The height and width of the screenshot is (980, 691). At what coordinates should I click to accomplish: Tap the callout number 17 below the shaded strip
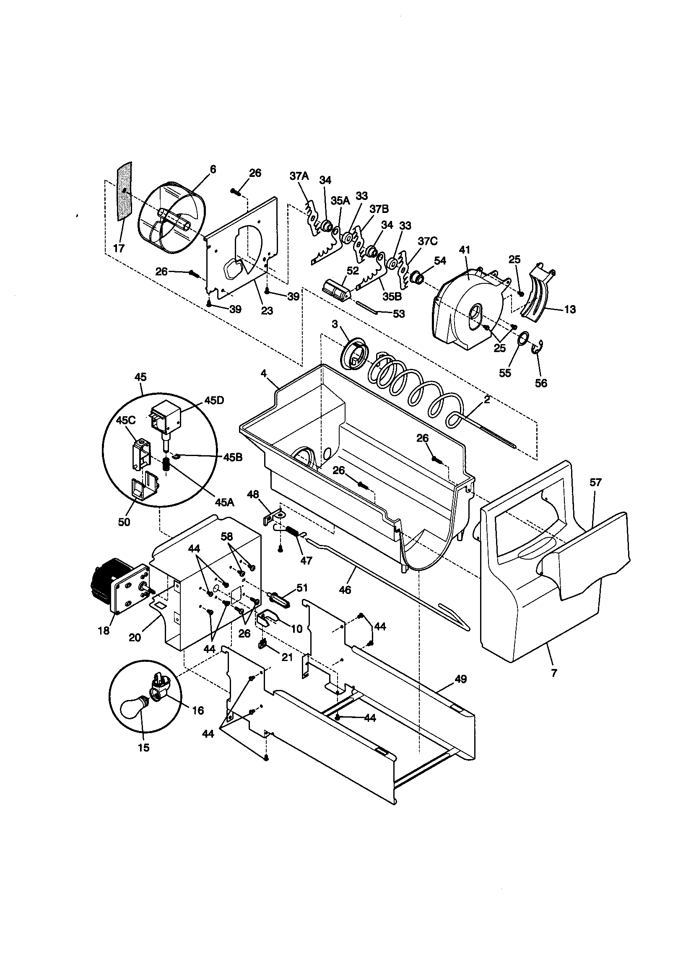tap(119, 248)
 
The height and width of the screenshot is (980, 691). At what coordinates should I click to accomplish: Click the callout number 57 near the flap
tap(595, 483)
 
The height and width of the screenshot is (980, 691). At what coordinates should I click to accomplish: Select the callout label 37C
tap(428, 241)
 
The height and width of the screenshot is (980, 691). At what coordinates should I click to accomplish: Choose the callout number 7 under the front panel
tap(554, 673)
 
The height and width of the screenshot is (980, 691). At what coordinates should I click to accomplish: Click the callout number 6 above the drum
tap(213, 169)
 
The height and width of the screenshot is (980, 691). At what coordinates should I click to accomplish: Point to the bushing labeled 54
tap(417, 278)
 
